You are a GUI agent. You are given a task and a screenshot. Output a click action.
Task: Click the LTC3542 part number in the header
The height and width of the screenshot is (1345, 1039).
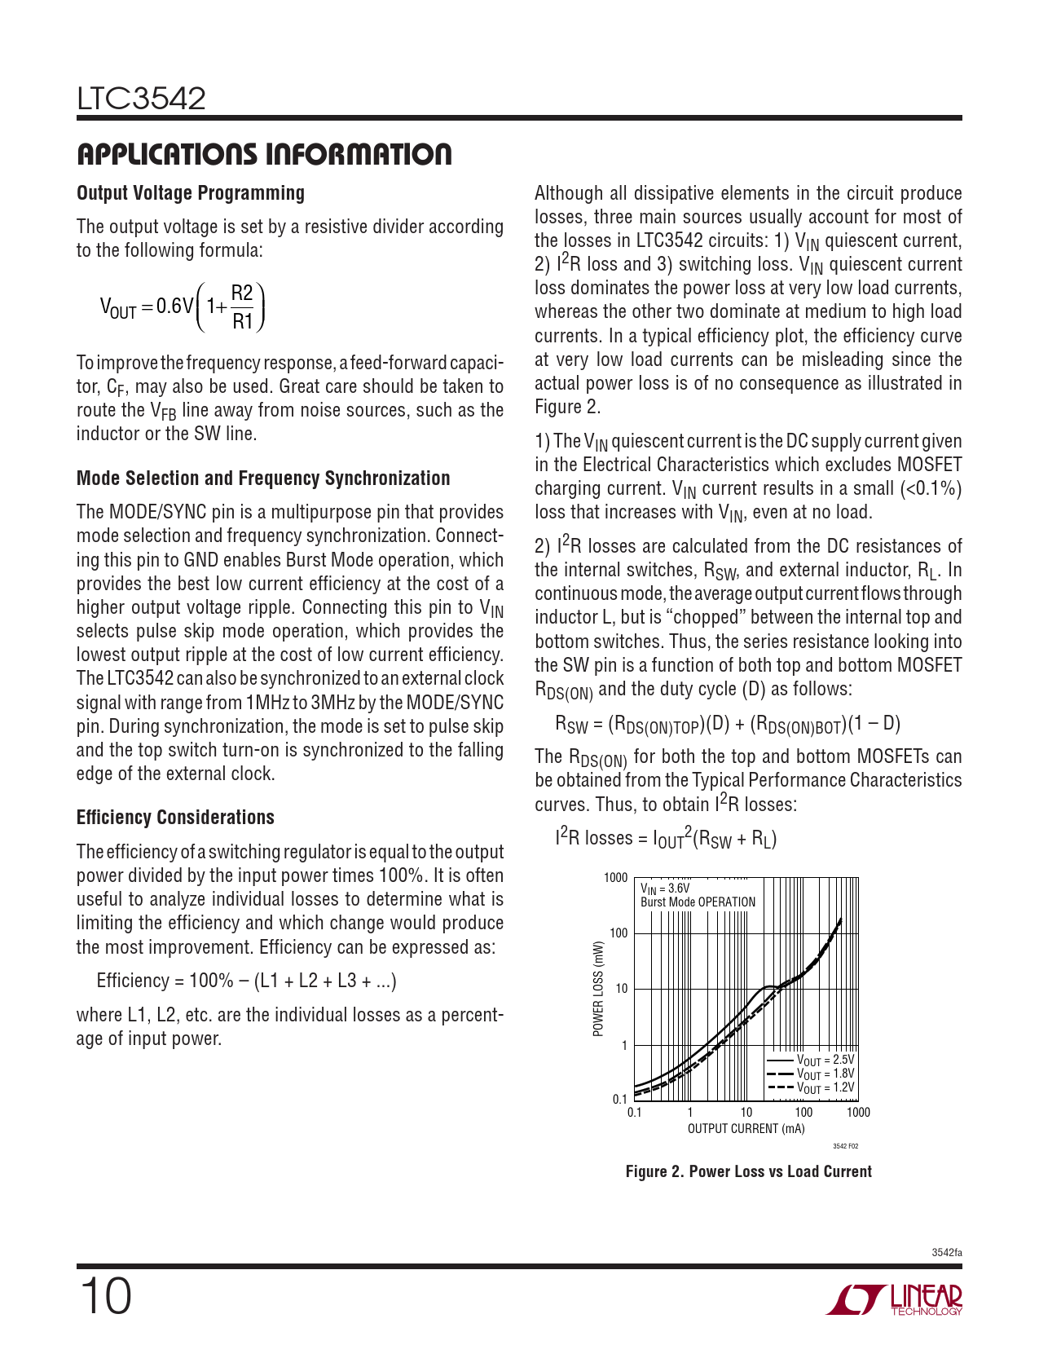tap(141, 99)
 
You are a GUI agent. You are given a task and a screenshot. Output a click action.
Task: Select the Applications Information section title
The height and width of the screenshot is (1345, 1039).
tap(264, 154)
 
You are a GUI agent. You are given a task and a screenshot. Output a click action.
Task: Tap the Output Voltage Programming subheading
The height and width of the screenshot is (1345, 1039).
tap(191, 193)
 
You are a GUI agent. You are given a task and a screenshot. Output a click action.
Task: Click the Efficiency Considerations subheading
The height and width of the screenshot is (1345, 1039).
tap(175, 818)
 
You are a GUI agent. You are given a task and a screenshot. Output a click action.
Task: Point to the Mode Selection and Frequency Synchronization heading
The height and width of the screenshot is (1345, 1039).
tap(263, 478)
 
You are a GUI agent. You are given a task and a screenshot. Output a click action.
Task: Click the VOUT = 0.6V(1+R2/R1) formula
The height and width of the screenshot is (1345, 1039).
tap(183, 306)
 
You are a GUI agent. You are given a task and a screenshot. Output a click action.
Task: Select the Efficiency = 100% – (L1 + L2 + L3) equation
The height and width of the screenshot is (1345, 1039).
tap(246, 981)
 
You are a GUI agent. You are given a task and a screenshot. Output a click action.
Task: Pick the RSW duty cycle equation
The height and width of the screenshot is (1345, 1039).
tap(727, 724)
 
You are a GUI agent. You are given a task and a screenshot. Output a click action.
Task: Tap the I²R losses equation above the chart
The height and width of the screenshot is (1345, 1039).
tap(666, 838)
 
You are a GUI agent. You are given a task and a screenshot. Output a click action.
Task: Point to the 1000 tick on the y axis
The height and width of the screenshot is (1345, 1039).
tap(615, 878)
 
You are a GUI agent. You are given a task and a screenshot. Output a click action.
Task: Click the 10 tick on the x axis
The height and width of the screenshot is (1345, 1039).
tap(746, 1113)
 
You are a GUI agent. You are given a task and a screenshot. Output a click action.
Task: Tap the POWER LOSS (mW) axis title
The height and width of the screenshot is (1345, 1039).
tap(599, 989)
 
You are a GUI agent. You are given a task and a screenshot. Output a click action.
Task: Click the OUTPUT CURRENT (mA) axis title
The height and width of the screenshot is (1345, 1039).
tap(746, 1129)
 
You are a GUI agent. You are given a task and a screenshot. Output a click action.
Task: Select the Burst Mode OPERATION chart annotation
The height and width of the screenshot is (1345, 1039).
tap(698, 902)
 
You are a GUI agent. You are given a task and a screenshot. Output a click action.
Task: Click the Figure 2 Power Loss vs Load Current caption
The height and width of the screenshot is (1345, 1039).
tap(748, 1171)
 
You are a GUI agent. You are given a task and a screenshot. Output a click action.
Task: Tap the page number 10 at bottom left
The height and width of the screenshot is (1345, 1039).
tap(105, 1297)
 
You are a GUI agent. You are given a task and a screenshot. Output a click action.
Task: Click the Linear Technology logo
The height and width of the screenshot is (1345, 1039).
tap(895, 1299)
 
